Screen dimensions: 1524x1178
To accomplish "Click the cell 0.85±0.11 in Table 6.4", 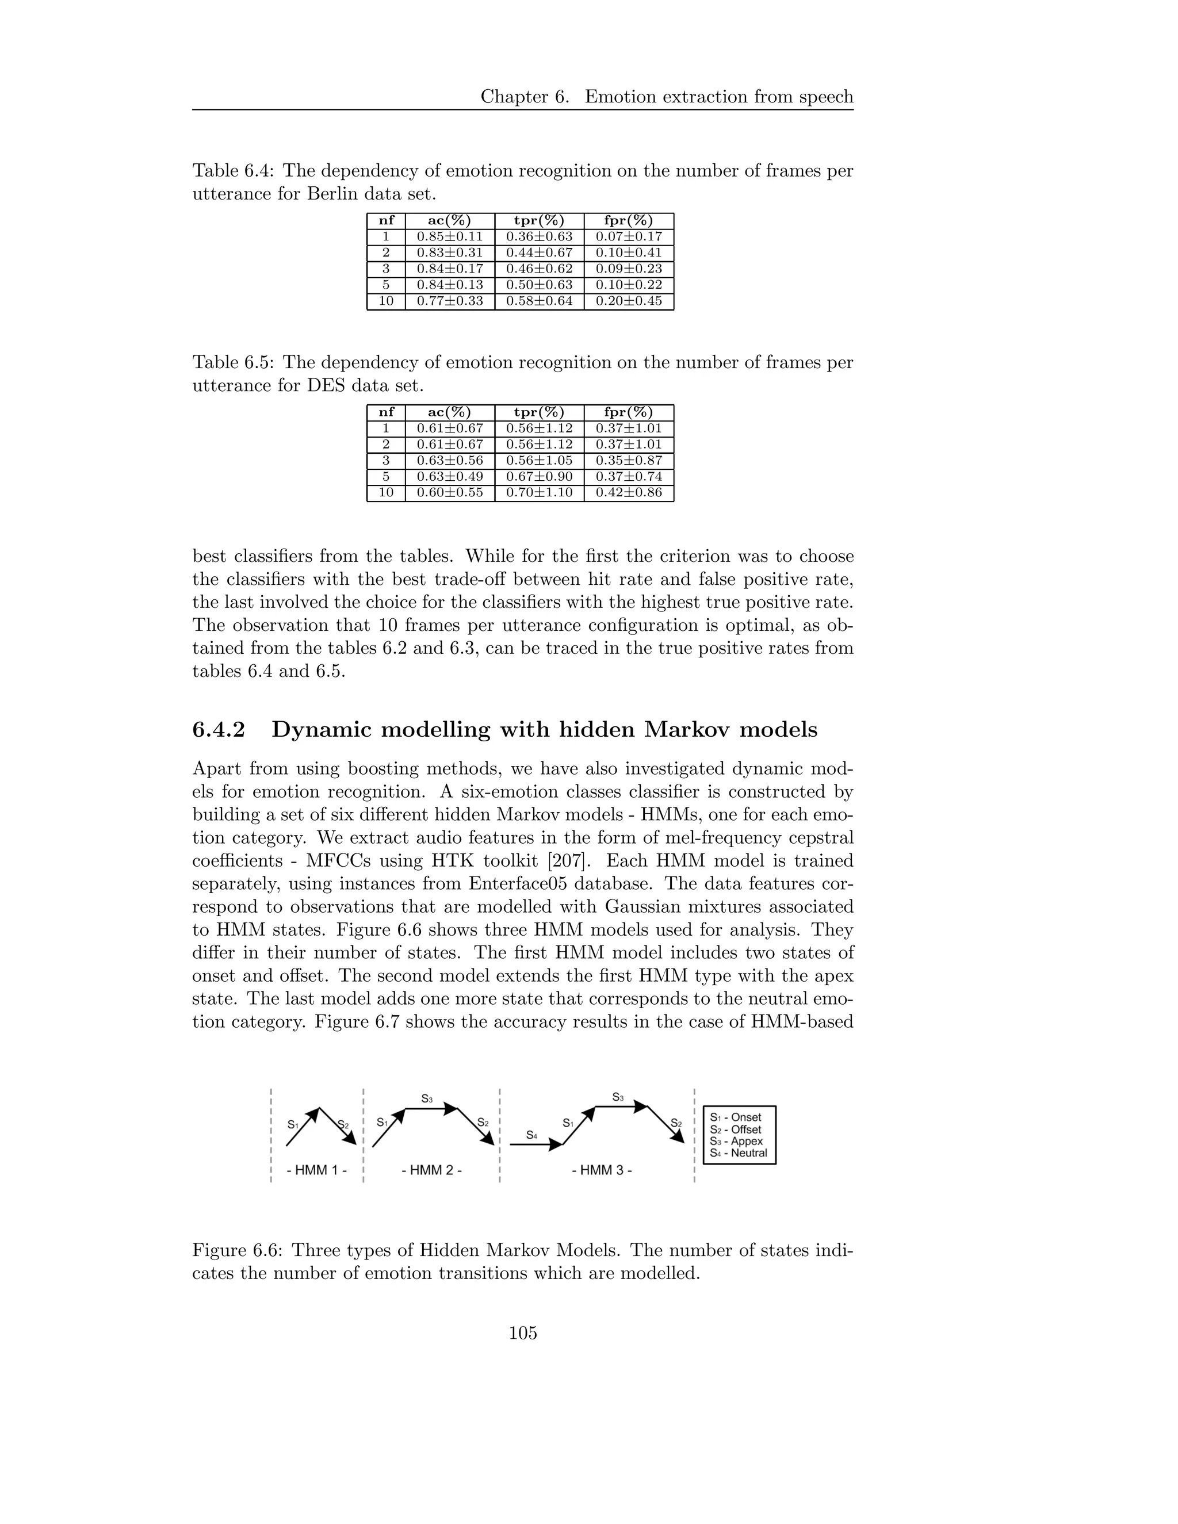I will click(449, 236).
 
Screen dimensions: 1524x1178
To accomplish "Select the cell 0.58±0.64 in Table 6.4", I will click(539, 301).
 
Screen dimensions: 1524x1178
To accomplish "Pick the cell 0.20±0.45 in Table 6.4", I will click(628, 301).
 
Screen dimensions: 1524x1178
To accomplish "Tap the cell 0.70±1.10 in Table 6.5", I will click(539, 493).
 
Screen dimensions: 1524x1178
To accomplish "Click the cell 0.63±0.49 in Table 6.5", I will click(449, 477).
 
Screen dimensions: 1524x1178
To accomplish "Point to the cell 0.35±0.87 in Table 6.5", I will click(628, 461).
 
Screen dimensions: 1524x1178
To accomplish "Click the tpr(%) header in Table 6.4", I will click(539, 220).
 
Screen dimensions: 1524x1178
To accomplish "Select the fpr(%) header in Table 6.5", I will click(628, 412).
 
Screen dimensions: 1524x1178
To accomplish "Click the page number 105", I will click(523, 1334).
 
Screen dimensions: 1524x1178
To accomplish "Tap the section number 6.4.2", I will click(219, 730).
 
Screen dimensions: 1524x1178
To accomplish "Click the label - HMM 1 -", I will click(317, 1170).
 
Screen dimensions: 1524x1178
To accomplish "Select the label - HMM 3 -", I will click(602, 1170).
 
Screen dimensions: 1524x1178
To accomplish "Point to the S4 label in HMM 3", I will click(532, 1135).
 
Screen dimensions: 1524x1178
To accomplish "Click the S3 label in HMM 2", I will click(427, 1099).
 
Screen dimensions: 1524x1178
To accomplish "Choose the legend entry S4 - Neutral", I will click(739, 1154).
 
